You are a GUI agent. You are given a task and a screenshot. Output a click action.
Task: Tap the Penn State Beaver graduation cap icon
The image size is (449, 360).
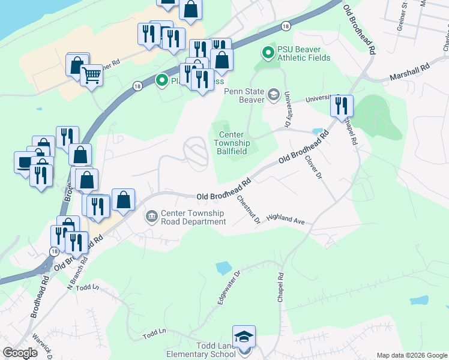[x=274, y=95]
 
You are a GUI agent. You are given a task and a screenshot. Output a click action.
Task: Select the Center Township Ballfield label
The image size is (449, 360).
[x=234, y=143]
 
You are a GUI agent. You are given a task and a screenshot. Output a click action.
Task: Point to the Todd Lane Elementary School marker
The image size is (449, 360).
[x=244, y=337]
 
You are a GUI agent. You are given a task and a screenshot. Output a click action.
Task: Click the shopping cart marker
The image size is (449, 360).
[x=91, y=75]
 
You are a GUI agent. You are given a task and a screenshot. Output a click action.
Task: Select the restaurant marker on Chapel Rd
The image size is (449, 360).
[x=342, y=106]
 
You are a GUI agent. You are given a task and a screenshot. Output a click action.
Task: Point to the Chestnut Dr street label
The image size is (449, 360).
[x=248, y=209]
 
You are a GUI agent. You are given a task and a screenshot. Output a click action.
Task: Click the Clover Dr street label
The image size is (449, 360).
[x=313, y=167]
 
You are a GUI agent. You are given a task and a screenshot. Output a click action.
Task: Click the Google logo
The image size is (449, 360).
[x=20, y=353]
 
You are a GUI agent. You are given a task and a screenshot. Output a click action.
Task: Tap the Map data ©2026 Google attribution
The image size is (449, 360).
[x=412, y=355]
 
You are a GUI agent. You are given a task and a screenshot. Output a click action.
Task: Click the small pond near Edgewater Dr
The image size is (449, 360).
[x=223, y=268]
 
